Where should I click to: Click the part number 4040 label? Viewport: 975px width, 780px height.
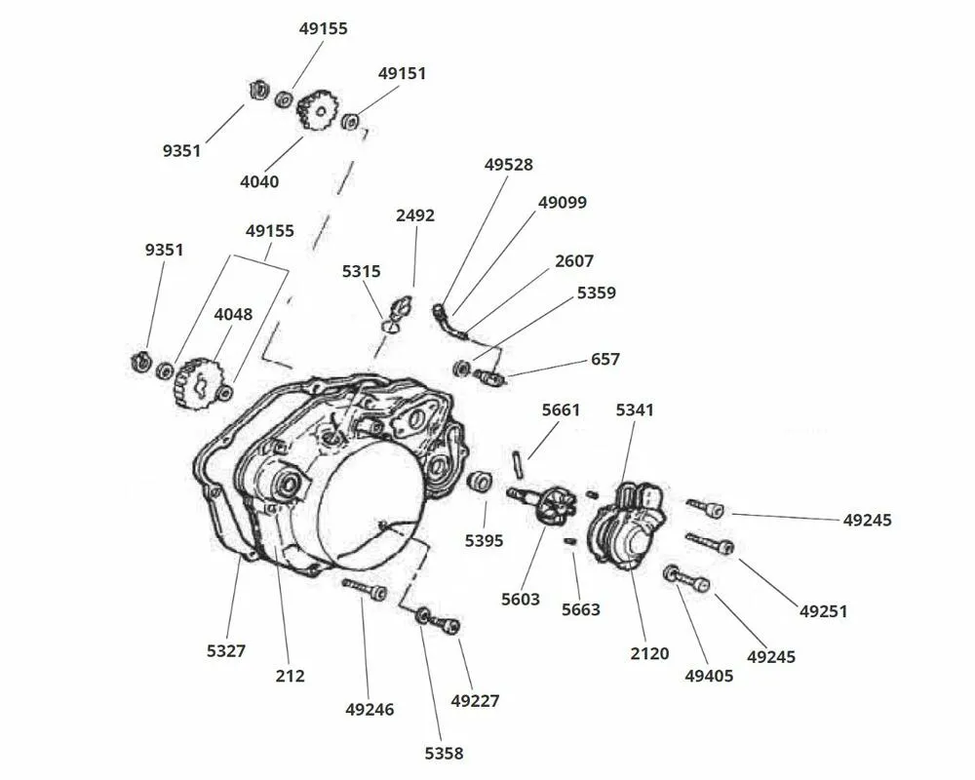(259, 181)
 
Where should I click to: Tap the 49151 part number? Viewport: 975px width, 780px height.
(402, 73)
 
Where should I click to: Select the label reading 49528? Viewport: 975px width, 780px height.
(509, 165)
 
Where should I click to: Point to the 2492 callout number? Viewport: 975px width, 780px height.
(415, 215)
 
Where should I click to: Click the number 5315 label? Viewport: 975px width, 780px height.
(361, 271)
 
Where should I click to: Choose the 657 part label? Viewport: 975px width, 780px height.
(604, 360)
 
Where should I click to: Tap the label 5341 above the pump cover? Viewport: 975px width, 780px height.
(635, 410)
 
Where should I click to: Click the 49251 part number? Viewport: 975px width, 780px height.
(823, 611)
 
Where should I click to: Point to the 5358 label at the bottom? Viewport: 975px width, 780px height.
(444, 753)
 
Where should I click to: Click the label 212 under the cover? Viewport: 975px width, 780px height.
(291, 676)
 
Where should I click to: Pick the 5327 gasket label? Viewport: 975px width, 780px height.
(225, 650)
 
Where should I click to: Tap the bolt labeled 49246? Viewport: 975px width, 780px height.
(365, 589)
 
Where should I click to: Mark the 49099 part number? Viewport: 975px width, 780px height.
(563, 203)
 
